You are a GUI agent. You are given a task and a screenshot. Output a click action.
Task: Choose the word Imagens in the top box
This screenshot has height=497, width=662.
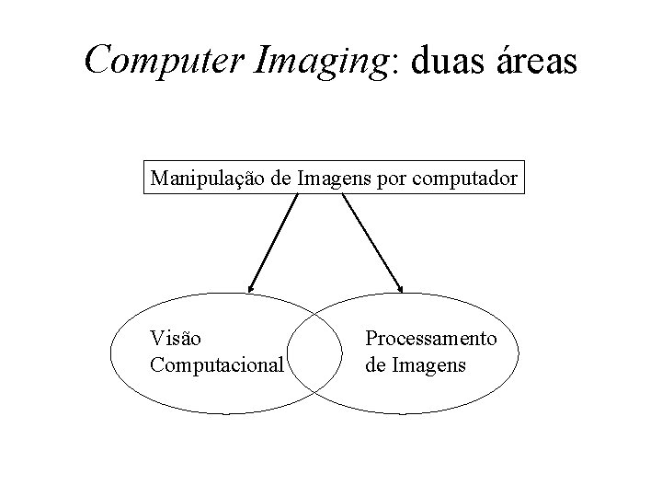[x=335, y=179]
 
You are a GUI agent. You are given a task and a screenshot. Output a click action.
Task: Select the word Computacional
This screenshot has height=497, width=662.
[x=217, y=364]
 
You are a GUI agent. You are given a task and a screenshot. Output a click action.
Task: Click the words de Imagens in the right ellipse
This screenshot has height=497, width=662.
[x=416, y=364]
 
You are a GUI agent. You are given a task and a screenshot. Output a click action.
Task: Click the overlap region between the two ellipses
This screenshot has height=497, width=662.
[x=312, y=354]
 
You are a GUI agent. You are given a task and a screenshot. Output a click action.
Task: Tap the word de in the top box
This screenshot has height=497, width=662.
[x=282, y=178]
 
